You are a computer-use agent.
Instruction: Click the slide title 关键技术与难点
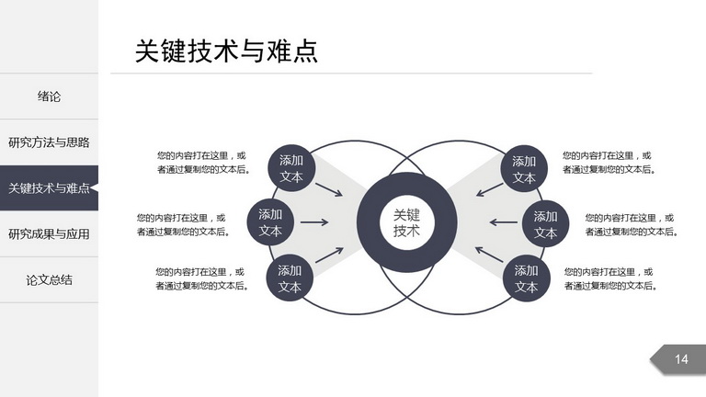pyautogui.click(x=226, y=51)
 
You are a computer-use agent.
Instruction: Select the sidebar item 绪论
pyautogui.click(x=49, y=96)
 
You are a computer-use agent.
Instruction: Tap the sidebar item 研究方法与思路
pyautogui.click(x=49, y=142)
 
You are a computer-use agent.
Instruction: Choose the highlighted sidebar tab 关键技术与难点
pyautogui.click(x=49, y=187)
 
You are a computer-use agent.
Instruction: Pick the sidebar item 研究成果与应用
pyautogui.click(x=49, y=234)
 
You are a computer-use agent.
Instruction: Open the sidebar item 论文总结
pyautogui.click(x=49, y=280)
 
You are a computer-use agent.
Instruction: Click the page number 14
pyautogui.click(x=681, y=359)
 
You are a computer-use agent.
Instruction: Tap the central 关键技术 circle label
pyautogui.click(x=406, y=222)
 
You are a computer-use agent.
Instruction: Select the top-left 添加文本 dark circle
pyautogui.click(x=291, y=168)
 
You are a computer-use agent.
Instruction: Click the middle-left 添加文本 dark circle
pyautogui.click(x=270, y=222)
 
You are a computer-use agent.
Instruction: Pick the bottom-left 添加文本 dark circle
pyautogui.click(x=290, y=278)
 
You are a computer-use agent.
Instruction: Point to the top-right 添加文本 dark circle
pyautogui.click(x=524, y=169)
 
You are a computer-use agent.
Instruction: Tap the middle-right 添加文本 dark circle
pyautogui.click(x=546, y=224)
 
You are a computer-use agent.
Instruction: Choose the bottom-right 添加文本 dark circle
pyautogui.click(x=527, y=278)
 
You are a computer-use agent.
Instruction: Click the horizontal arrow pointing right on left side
pyautogui.click(x=314, y=221)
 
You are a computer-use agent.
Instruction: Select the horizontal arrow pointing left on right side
pyautogui.click(x=504, y=221)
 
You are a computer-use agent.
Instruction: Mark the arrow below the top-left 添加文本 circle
pyautogui.click(x=329, y=189)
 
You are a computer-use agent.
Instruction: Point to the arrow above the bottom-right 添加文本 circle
pyautogui.click(x=489, y=255)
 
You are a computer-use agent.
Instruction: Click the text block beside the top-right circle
pyautogui.click(x=609, y=163)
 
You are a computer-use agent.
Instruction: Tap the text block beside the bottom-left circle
pyautogui.click(x=202, y=278)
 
